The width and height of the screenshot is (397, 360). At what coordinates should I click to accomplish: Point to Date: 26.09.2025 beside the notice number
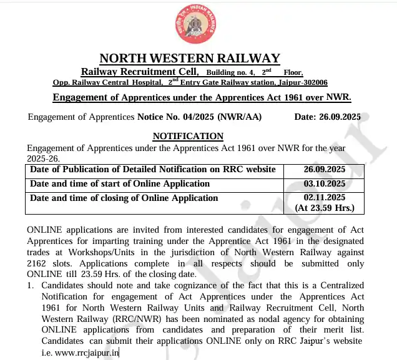click(x=327, y=117)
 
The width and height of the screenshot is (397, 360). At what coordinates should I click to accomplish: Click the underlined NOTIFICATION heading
click(x=188, y=136)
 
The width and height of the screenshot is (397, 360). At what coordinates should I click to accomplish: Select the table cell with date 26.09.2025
click(x=324, y=169)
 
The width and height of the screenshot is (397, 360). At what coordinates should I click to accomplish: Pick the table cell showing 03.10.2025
click(x=324, y=183)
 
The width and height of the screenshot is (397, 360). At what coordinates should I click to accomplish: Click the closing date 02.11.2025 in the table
click(x=324, y=198)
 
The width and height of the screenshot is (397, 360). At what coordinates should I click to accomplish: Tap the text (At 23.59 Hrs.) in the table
click(x=324, y=208)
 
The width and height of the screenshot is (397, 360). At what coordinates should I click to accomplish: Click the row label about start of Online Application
click(x=120, y=183)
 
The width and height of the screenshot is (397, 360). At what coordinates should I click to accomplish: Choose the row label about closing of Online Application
click(x=124, y=198)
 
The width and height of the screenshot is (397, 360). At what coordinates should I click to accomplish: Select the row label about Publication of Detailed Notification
click(x=153, y=169)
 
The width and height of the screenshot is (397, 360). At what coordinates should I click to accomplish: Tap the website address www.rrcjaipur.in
click(x=87, y=353)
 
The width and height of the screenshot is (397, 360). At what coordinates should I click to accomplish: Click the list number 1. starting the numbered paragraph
click(x=31, y=285)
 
